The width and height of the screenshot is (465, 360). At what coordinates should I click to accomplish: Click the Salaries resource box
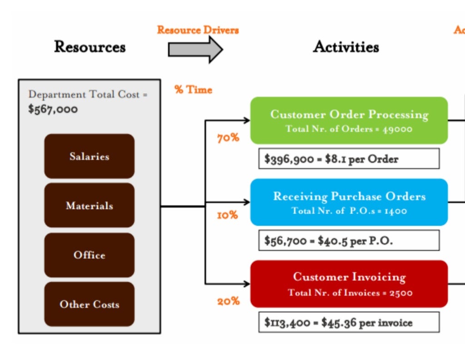[x=89, y=156]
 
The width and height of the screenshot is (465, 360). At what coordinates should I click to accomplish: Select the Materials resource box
[x=89, y=205]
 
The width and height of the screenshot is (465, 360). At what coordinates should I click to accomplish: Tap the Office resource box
[x=89, y=255]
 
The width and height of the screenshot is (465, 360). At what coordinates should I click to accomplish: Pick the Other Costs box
[x=89, y=304]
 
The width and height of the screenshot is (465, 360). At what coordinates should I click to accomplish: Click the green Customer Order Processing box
[x=349, y=120]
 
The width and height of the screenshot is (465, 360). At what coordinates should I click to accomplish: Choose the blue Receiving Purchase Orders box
[x=349, y=202]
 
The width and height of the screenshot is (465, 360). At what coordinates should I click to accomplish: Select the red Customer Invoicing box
[x=349, y=284]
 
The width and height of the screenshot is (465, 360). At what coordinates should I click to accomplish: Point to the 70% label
[x=228, y=138]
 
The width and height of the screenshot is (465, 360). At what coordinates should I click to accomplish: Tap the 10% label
[x=228, y=215]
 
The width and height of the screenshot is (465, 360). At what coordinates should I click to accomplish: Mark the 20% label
[x=228, y=301]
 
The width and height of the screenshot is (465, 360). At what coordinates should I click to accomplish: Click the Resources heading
[x=90, y=47]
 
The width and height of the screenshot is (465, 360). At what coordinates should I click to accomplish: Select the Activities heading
[x=346, y=47]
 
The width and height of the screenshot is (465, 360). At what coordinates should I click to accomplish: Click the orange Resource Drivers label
[x=198, y=30]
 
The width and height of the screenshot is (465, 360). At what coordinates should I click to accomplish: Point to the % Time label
[x=193, y=90]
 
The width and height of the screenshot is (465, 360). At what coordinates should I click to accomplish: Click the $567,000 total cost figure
[x=53, y=110]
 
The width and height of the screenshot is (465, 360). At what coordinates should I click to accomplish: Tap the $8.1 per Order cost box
[x=349, y=159]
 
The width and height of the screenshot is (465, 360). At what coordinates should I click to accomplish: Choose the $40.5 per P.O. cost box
[x=349, y=240]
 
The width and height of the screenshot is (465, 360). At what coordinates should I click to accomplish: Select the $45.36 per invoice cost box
[x=349, y=322]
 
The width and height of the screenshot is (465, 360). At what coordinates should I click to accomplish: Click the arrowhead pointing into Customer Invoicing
[x=247, y=284]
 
